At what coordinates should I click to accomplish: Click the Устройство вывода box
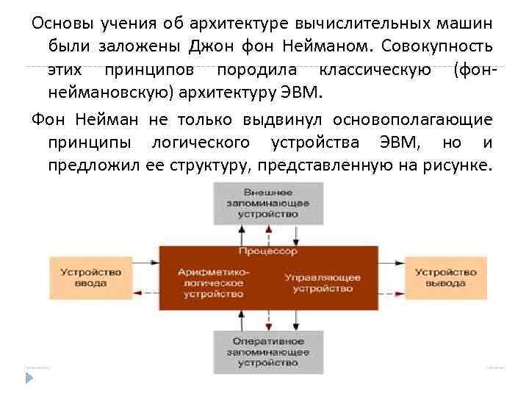click(x=445, y=277)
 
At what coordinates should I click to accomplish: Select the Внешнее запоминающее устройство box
click(x=267, y=202)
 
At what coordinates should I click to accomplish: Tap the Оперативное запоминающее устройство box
click(x=267, y=352)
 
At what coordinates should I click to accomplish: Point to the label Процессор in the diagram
click(x=267, y=251)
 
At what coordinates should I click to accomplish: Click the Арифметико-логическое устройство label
click(x=214, y=282)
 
